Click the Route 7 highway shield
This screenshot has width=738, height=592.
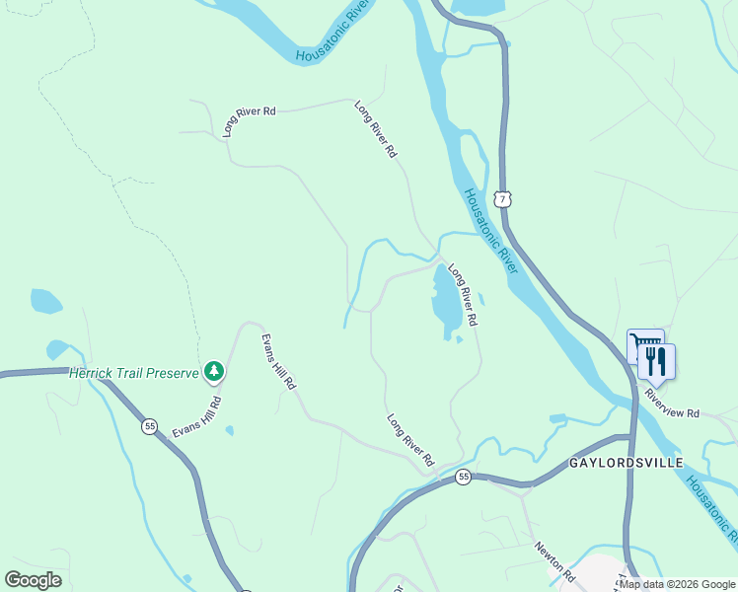pyautogui.click(x=503, y=199)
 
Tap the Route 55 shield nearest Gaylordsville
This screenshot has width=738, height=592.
pyautogui.click(x=463, y=477)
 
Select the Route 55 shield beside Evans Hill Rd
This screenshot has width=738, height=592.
pyautogui.click(x=149, y=425)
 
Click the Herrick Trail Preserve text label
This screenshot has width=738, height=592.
pyautogui.click(x=133, y=373)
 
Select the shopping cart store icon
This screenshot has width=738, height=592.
pyautogui.click(x=645, y=347)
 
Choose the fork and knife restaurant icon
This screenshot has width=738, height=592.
pyautogui.click(x=657, y=361)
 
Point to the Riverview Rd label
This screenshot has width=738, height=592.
pyautogui.click(x=672, y=413)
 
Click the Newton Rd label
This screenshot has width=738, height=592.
pyautogui.click(x=553, y=560)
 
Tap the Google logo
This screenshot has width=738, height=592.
pyautogui.click(x=33, y=579)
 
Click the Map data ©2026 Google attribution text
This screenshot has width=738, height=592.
pyautogui.click(x=677, y=584)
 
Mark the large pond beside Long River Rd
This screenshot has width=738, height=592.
pyautogui.click(x=445, y=299)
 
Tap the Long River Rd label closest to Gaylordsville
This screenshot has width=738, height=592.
pyautogui.click(x=410, y=439)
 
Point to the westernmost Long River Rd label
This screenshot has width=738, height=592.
pyautogui.click(x=249, y=119)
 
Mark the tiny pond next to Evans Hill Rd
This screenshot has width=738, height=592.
pyautogui.click(x=229, y=430)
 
